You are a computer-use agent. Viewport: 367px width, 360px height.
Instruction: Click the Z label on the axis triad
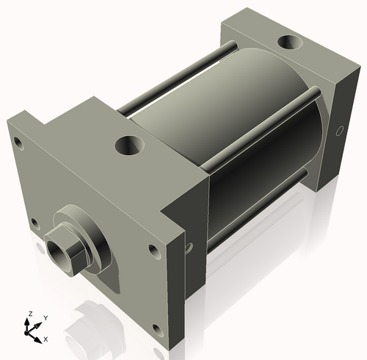(30, 314)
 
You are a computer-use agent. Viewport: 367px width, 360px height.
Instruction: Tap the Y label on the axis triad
(45, 317)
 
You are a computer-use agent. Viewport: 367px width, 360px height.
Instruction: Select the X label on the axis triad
(46, 339)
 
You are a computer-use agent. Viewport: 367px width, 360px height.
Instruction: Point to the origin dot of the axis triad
(31, 331)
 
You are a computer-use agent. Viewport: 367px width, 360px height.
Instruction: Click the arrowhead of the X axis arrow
(39, 339)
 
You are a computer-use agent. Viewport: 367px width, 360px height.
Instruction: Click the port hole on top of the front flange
(130, 145)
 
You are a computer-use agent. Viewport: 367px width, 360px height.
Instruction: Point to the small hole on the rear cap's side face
(339, 132)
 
